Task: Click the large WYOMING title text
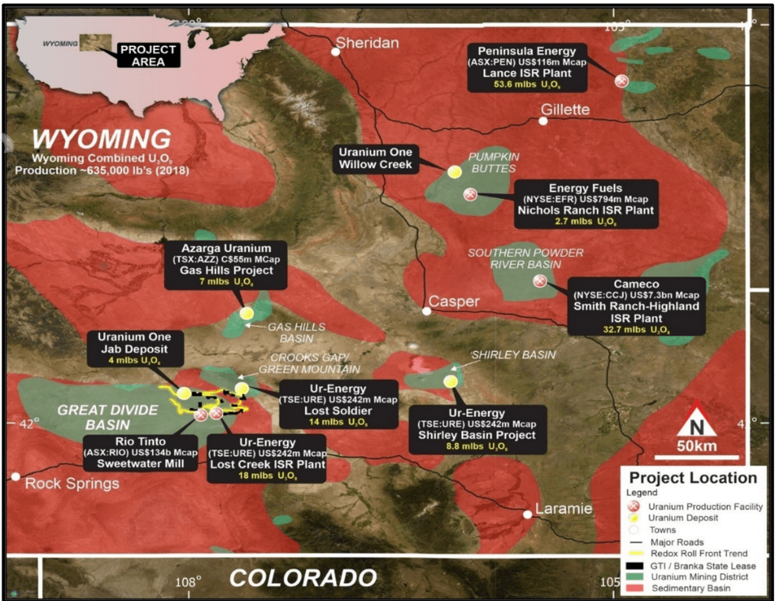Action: pyautogui.click(x=96, y=136)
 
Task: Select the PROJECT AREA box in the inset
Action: pyautogui.click(x=147, y=54)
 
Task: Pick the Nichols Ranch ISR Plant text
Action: pyautogui.click(x=585, y=210)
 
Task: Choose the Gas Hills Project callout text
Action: pyautogui.click(x=226, y=271)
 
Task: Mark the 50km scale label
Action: pyautogui.click(x=695, y=448)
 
